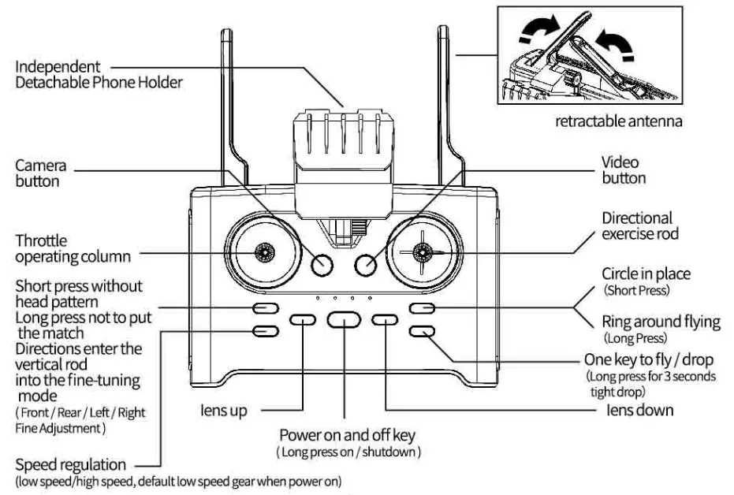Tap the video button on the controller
tap(366, 266)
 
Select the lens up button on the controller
tap(303, 319)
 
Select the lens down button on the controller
tap(385, 319)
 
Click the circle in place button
tap(422, 308)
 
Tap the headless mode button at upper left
tap(264, 308)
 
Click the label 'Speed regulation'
tap(70, 464)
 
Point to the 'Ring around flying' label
tap(661, 321)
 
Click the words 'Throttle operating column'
tap(73, 248)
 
